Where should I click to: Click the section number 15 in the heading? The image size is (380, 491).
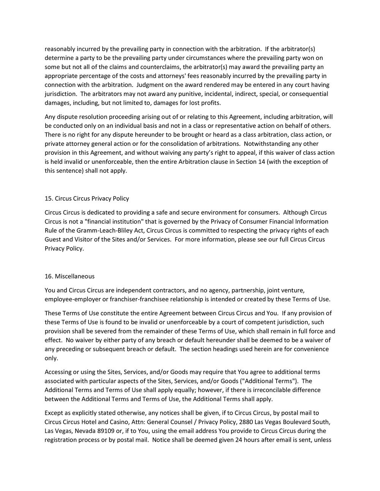48,198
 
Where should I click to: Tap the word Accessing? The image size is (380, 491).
58,372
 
